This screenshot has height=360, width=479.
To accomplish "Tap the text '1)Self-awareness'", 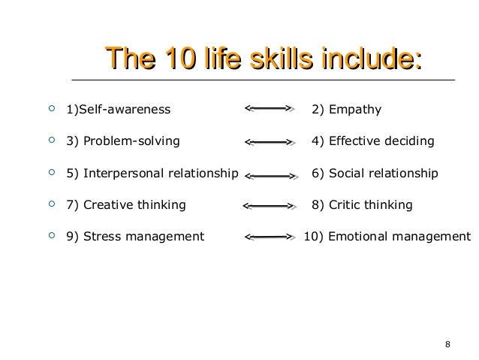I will coord(119,110).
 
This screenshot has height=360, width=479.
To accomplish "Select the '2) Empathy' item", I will coord(346,110).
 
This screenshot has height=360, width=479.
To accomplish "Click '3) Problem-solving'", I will coord(123,141).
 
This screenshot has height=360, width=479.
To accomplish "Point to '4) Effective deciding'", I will coord(372,141).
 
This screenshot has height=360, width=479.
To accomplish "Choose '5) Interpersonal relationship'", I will coord(152,173).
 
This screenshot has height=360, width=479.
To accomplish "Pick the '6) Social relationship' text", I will coord(375,173).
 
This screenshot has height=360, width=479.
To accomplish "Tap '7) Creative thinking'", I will coord(126,204).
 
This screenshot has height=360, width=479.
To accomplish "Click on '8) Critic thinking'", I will coord(362,204).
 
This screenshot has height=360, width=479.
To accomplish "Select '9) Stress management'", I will coord(135,237).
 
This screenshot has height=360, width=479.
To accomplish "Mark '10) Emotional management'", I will coord(387,237).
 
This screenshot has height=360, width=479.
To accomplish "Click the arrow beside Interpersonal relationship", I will coord(271,174).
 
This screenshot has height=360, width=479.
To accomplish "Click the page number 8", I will coord(447,345).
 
